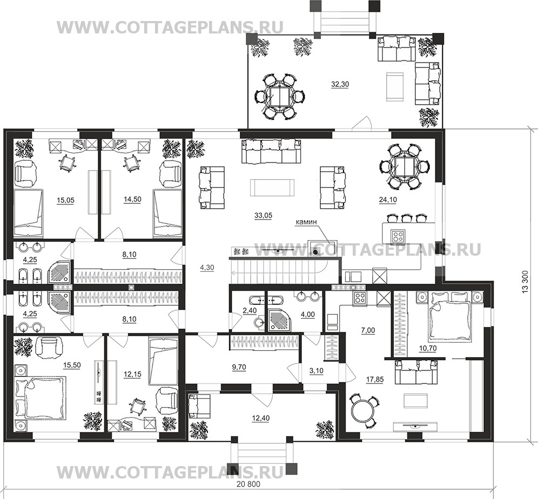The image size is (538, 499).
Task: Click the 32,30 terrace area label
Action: click(340, 84)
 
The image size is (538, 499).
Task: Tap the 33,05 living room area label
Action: click(263, 215)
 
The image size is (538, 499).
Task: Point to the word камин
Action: click(306, 222)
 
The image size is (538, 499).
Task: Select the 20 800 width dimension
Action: click(248, 484)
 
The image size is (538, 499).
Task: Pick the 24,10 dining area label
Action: click(388, 200)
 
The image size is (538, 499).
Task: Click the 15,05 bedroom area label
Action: click(65, 200)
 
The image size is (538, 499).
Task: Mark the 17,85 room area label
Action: click(375, 379)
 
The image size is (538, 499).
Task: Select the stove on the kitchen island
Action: click(398, 236)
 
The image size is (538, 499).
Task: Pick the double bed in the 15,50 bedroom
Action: click(41, 397)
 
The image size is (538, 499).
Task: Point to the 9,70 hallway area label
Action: click(239, 367)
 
